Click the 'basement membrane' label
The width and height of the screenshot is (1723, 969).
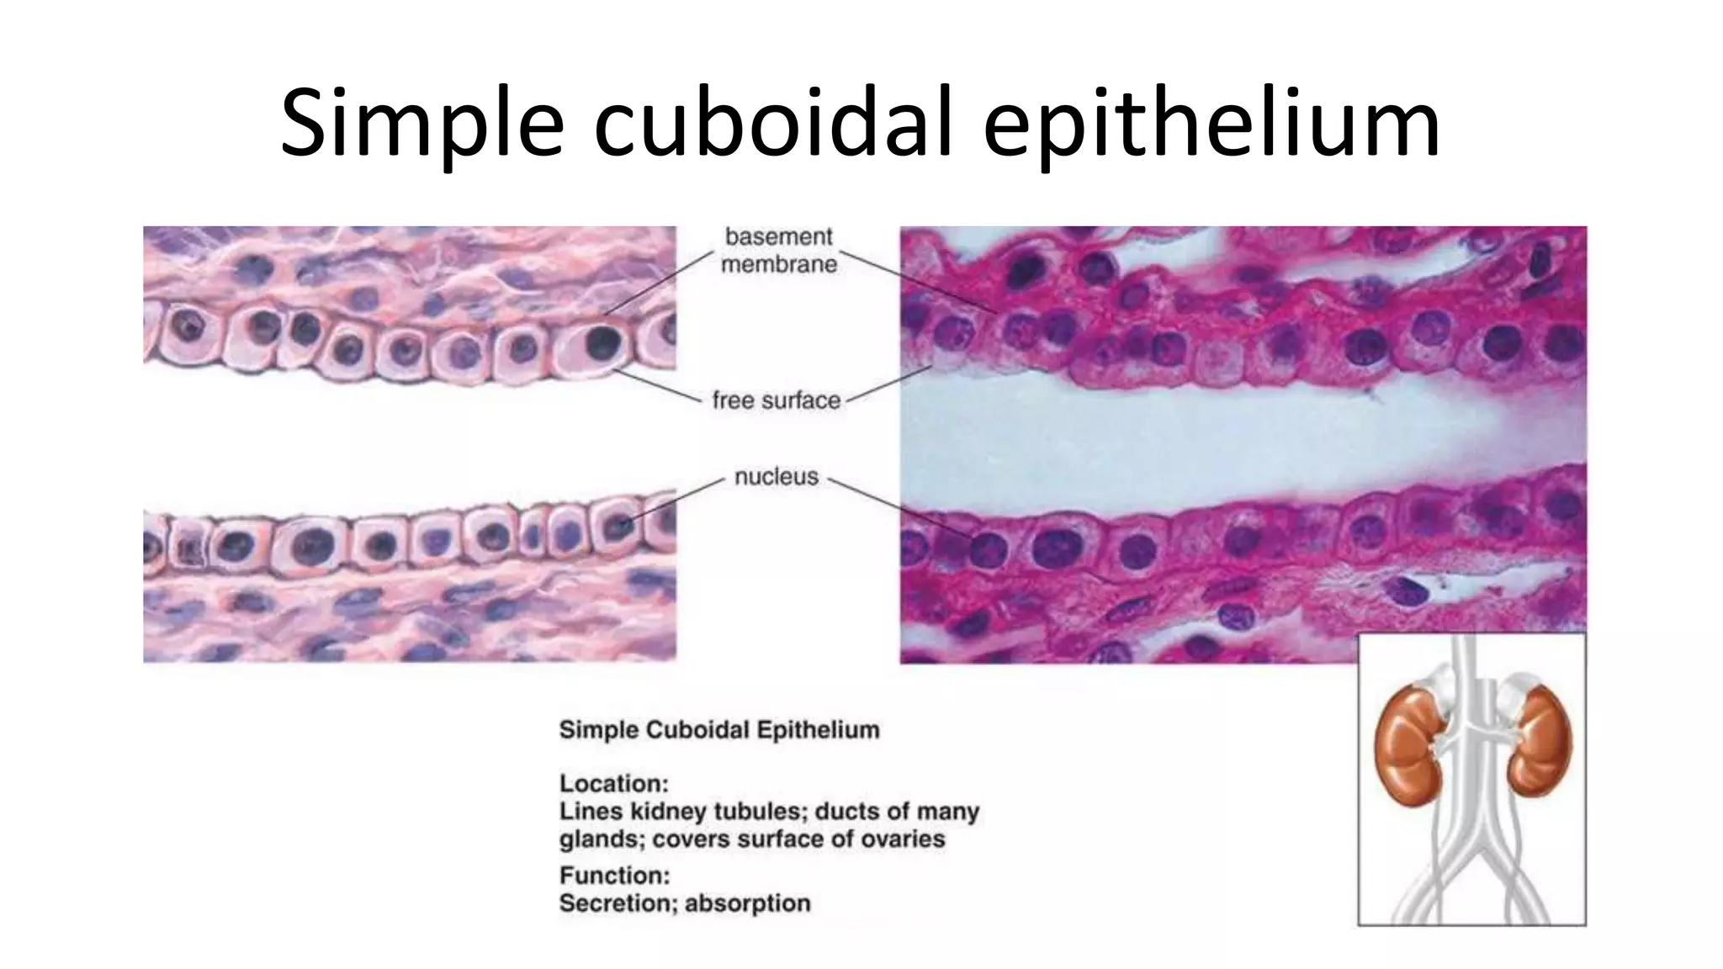[x=780, y=250]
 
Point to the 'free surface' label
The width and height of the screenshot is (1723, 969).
[x=776, y=400]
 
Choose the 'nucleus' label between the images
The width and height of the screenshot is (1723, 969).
[x=776, y=477]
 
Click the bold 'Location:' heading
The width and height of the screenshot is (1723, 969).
[x=613, y=783]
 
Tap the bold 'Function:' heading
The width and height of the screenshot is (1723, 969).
[x=614, y=876]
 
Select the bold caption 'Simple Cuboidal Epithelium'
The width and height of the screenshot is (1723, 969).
[x=719, y=729]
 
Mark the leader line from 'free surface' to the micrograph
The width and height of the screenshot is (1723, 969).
[x=890, y=384]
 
